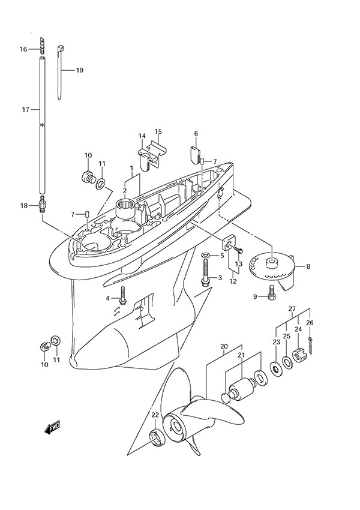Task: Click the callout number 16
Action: [x=23, y=49]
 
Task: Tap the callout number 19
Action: [x=79, y=70]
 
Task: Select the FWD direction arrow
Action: [x=52, y=428]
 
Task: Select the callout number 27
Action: [x=292, y=309]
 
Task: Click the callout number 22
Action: [x=154, y=415]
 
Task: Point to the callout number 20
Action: [x=223, y=346]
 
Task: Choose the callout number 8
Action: [x=308, y=266]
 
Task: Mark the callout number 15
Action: [x=158, y=131]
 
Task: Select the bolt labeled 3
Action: [x=206, y=280]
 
